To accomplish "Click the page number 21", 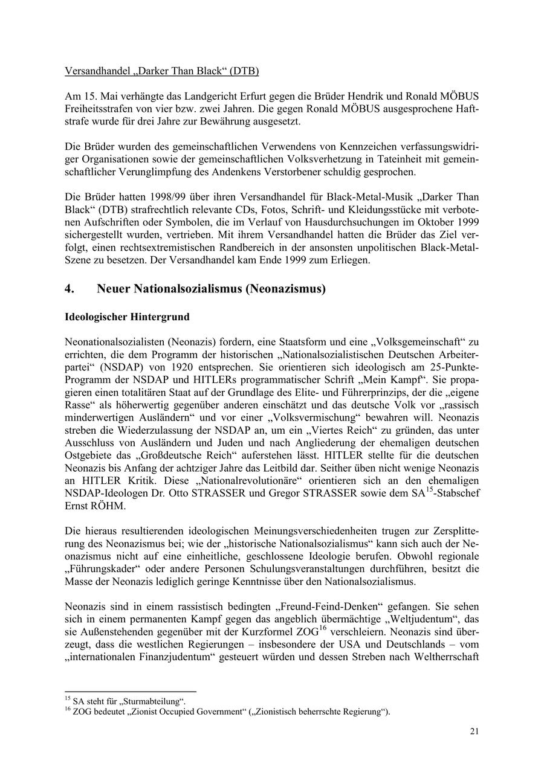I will [474, 732].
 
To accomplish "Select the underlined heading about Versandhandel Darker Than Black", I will [161, 71].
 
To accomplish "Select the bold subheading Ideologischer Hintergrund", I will [127, 317].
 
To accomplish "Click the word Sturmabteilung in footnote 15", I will [152, 701].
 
